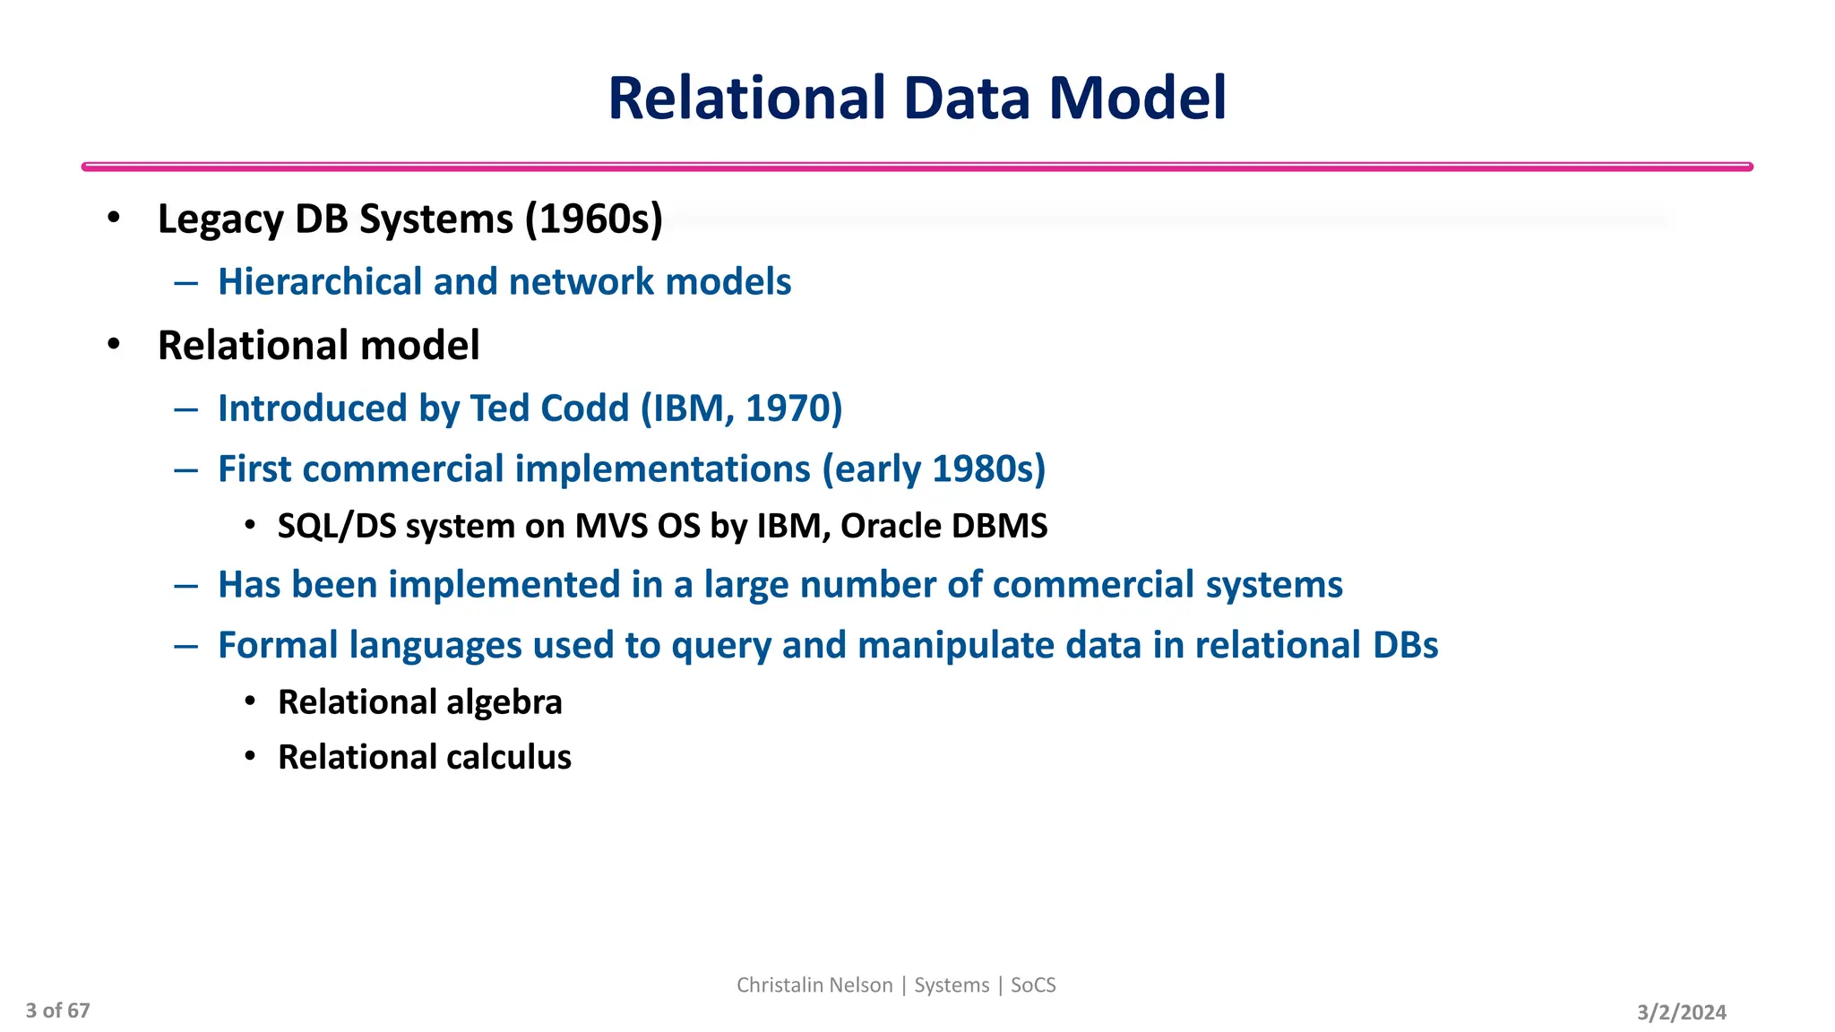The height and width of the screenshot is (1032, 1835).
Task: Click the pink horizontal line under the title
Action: pyautogui.click(x=917, y=167)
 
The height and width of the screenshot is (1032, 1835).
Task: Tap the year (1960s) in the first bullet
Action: pyautogui.click(x=593, y=219)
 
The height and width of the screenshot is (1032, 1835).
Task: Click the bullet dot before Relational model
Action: pyautogui.click(x=113, y=345)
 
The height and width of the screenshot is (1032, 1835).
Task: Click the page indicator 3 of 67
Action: pyautogui.click(x=57, y=1010)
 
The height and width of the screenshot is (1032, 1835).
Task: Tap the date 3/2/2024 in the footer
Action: pyautogui.click(x=1681, y=1012)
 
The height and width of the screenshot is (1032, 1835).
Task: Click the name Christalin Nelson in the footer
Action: pyautogui.click(x=814, y=985)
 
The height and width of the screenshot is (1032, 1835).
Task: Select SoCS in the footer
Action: pyautogui.click(x=1033, y=985)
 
